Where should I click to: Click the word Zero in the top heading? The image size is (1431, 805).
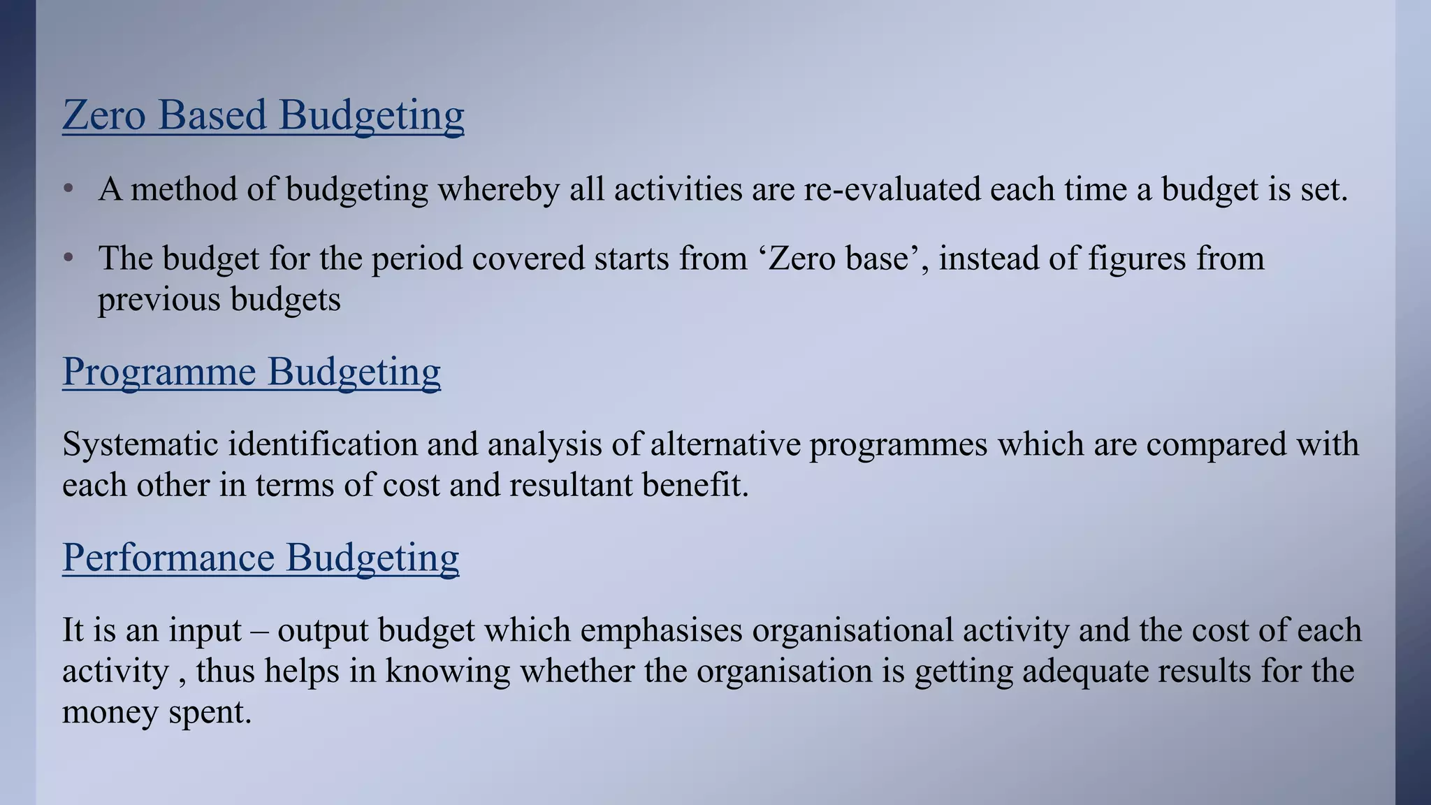104,115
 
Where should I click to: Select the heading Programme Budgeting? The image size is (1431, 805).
252,371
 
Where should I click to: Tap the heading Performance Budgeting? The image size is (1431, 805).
261,558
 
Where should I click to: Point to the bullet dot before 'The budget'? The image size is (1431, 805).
68,259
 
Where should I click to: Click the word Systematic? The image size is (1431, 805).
140,444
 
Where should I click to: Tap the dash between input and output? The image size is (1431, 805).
259,630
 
